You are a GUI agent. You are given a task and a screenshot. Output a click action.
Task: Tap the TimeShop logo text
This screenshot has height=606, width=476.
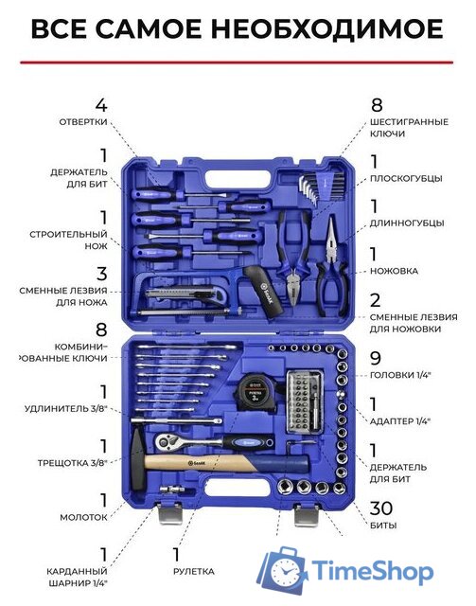[x=372, y=571]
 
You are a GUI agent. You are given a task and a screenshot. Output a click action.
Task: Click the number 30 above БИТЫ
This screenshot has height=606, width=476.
[x=381, y=508]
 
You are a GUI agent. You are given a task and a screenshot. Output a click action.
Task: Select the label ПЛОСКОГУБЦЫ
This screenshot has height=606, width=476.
[x=406, y=179]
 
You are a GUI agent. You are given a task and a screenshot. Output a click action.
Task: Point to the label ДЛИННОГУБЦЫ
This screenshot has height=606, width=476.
[x=407, y=223]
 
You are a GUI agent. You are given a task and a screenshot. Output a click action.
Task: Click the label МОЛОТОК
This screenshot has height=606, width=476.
[x=83, y=518]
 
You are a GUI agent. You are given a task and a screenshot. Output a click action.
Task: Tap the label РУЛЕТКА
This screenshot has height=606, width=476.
[x=194, y=572]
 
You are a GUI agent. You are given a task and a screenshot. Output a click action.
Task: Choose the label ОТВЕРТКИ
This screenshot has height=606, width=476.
[x=83, y=122]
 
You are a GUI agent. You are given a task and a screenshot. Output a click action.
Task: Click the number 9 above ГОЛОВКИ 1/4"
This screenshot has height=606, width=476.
[x=376, y=358]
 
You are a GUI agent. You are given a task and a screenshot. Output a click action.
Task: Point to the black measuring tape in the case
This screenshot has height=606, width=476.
[x=253, y=392]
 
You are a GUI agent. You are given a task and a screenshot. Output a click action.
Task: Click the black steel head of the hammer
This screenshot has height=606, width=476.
[x=138, y=459]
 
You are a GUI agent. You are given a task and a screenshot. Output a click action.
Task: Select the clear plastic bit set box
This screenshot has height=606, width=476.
[x=305, y=401]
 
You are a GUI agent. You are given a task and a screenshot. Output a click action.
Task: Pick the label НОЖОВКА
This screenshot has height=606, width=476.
[x=394, y=271]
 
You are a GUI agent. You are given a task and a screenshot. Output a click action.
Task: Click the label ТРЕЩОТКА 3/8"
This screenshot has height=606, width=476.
[x=72, y=463]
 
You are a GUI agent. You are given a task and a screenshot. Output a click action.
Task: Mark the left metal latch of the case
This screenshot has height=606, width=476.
[x=170, y=513]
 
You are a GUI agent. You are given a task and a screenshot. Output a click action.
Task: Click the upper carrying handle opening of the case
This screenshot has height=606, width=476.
[x=238, y=178]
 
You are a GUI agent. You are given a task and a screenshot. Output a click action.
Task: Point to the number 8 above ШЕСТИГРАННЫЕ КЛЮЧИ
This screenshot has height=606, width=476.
[x=377, y=105]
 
